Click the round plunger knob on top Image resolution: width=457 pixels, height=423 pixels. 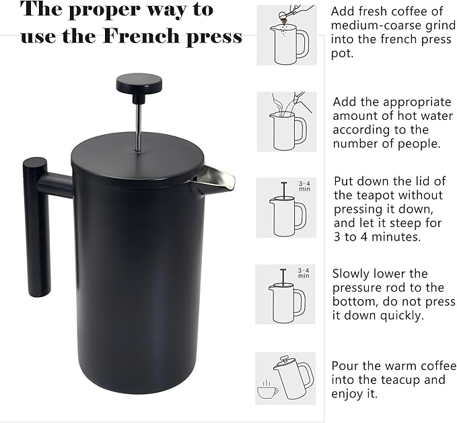coord(139,84)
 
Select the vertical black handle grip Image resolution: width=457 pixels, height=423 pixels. coord(35,229)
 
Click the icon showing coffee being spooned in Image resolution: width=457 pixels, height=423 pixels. coord(285,36)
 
